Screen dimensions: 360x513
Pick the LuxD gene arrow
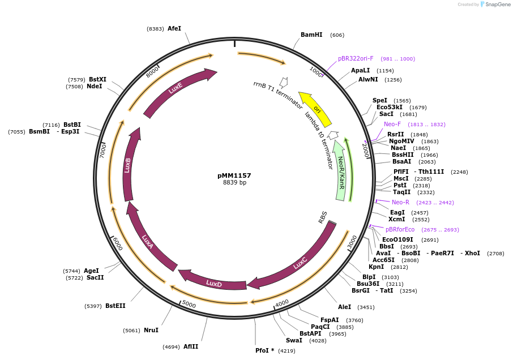tap(213, 283)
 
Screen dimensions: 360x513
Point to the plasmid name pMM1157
tap(234, 175)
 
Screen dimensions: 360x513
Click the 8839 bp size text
tap(234, 183)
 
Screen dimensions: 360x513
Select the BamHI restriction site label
tap(311, 35)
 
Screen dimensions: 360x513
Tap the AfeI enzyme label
tap(174, 28)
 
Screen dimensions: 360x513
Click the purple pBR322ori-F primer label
tap(356, 58)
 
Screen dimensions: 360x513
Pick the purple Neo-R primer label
tap(400, 202)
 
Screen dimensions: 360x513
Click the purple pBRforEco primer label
tap(400, 229)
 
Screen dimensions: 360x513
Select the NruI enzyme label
tap(151, 330)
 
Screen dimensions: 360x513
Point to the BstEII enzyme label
tap(115, 306)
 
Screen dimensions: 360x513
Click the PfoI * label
tap(264, 350)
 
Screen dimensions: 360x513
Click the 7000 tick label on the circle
tap(102, 150)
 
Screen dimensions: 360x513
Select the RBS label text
tap(323, 216)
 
